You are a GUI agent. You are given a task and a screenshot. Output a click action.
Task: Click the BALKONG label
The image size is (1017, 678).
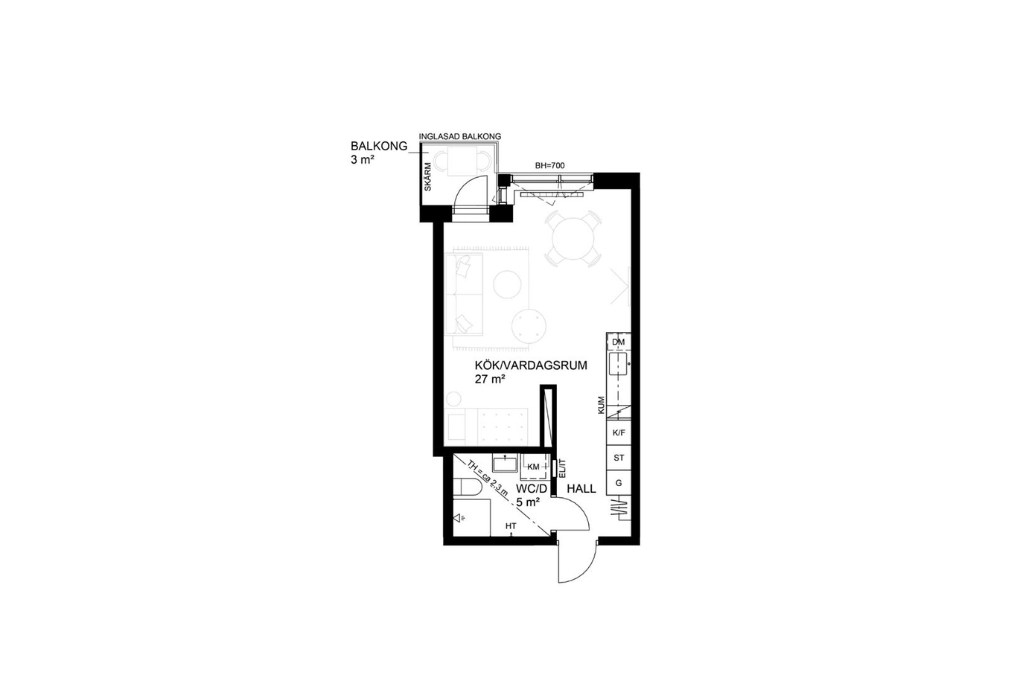379,146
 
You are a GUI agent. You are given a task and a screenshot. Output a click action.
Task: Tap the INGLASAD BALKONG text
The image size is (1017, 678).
460,136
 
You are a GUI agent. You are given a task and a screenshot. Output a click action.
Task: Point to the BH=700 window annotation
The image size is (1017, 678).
549,166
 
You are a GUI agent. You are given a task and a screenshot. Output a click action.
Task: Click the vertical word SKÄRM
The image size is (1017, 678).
427,176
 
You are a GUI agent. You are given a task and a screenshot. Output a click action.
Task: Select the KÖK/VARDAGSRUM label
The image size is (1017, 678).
531,365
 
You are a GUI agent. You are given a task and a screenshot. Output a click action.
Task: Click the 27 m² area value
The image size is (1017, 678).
491,379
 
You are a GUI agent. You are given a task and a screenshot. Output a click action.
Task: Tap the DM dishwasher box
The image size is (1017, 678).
619,342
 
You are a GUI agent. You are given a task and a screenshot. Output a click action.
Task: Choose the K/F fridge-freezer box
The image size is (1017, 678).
619,433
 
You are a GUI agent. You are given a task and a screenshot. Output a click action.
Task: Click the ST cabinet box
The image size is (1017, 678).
619,458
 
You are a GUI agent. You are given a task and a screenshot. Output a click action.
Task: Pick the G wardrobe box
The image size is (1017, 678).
619,483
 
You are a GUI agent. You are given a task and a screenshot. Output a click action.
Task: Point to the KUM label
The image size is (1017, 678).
601,406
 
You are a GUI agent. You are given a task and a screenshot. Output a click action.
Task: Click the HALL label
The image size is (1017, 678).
581,489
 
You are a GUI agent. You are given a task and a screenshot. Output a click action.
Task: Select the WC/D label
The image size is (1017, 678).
532,489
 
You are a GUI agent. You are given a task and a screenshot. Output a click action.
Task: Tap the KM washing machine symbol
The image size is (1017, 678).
534,467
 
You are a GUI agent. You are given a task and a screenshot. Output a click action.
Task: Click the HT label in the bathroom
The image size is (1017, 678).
511,526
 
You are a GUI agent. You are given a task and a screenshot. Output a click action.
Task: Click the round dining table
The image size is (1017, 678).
573,238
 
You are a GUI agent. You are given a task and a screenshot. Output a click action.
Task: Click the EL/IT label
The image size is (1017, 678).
561,468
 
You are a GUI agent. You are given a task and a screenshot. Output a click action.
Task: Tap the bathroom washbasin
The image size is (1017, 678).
505,464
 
